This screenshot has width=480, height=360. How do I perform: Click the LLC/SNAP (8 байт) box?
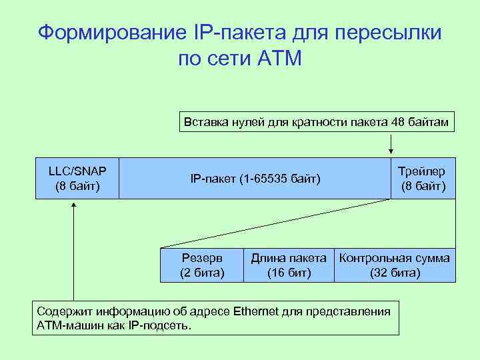tap(77, 178)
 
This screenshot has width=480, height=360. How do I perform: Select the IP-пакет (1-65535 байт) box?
tap(255, 179)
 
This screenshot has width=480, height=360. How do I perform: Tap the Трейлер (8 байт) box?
tap(422, 178)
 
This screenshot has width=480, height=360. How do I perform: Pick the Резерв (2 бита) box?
tap(202, 265)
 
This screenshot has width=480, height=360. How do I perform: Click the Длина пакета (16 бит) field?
tap(289, 265)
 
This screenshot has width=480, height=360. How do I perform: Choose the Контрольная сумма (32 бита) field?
tap(395, 265)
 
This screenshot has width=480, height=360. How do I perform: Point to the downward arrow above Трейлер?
tap(391, 144)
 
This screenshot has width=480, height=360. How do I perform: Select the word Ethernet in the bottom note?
tap(256, 311)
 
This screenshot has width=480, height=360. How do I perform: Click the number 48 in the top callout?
tap(399, 121)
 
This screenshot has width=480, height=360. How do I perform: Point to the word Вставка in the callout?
tap(203, 121)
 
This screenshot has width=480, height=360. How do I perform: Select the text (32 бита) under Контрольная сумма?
tap(395, 273)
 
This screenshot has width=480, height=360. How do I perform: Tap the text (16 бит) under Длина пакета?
tap(289, 273)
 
